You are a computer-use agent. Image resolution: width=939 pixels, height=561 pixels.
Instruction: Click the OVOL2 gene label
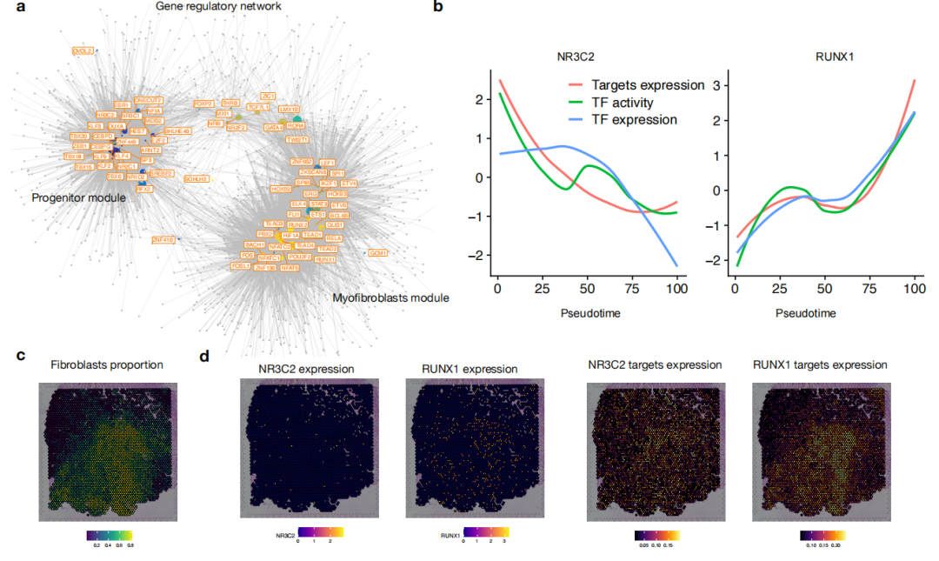[83, 51]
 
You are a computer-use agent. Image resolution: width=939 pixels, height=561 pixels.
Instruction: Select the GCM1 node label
[377, 253]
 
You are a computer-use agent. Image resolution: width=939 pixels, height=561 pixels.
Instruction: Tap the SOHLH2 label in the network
[196, 178]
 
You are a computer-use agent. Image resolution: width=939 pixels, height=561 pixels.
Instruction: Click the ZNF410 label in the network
[163, 239]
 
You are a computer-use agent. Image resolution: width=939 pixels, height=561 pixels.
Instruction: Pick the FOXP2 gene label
[203, 104]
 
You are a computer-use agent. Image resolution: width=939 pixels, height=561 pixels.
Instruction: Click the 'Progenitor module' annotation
[78, 198]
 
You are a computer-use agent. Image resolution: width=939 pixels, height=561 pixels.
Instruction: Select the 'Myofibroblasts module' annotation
[390, 298]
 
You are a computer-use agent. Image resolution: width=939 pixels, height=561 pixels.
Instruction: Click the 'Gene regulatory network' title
[218, 7]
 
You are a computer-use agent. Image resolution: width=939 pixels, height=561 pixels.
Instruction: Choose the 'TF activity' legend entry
[622, 103]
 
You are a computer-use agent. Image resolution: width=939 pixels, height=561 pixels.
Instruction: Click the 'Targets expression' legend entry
[647, 85]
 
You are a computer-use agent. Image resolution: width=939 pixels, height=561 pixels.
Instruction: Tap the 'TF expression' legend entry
[634, 120]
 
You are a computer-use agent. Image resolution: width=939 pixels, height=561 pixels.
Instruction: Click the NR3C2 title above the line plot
[577, 58]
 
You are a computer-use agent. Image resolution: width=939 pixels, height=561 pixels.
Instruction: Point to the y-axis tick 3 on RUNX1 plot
[718, 85]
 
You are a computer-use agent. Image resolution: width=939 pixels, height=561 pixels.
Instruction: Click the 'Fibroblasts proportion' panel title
[107, 364]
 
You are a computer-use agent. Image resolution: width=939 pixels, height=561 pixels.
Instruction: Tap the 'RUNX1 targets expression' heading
[820, 364]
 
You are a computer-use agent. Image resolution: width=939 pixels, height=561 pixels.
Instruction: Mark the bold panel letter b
[438, 7]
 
